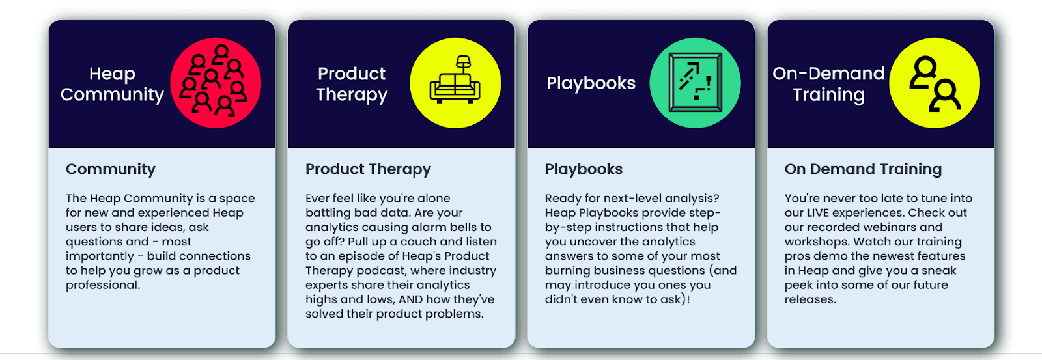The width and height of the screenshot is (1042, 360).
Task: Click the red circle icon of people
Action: [x=216, y=83]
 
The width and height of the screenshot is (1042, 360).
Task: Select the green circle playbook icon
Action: [x=695, y=83]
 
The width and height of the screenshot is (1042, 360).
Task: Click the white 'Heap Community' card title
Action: [x=112, y=84]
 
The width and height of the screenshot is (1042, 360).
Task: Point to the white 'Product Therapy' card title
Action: [x=352, y=84]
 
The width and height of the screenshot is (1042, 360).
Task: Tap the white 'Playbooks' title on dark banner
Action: [x=591, y=83]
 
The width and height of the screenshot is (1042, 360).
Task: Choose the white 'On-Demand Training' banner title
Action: [x=828, y=84]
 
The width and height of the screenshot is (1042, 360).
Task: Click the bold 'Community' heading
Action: [x=111, y=169]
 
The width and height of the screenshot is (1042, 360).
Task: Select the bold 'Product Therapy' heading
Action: [x=368, y=169]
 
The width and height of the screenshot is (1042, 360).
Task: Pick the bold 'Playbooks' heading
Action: [x=584, y=169]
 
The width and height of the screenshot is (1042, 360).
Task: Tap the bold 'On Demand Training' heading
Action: [x=864, y=169]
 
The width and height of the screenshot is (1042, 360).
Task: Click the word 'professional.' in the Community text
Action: [x=103, y=285]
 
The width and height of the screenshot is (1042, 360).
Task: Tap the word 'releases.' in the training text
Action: [x=810, y=299]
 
